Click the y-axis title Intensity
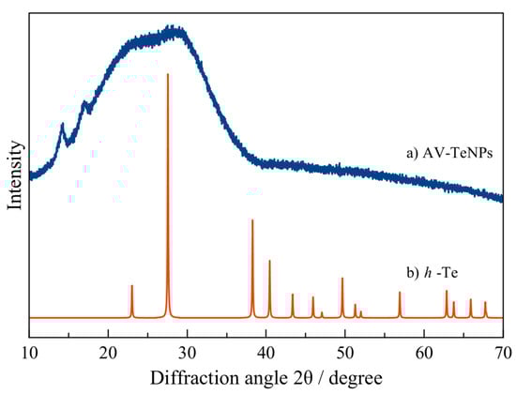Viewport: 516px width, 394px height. (x=14, y=174)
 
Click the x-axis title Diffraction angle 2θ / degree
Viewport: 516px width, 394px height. (x=266, y=377)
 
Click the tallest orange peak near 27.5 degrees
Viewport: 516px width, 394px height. (x=168, y=75)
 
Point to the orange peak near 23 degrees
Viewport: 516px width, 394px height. (x=132, y=286)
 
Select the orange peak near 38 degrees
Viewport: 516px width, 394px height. (x=252, y=220)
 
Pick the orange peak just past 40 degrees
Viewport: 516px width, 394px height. (x=269, y=262)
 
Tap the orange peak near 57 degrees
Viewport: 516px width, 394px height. (x=400, y=293)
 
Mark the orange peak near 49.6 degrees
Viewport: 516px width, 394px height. (x=342, y=279)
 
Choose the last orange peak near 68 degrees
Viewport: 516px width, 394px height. (x=485, y=302)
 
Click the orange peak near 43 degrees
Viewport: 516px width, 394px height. (x=293, y=295)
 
